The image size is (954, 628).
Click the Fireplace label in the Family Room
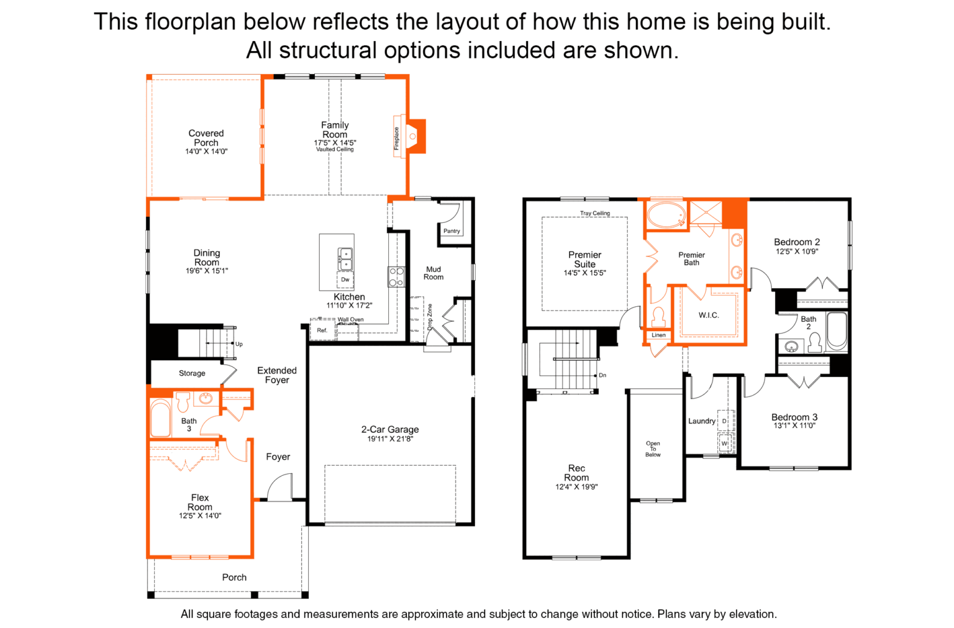click(396, 139)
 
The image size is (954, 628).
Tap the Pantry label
click(452, 231)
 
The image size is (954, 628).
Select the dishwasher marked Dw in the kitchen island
click(345, 280)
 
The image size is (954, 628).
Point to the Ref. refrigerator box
click(322, 330)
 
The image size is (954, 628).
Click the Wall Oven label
click(350, 319)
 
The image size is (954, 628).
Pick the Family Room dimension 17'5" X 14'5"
click(335, 143)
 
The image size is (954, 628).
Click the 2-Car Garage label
click(390, 429)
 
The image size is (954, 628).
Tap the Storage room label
click(192, 373)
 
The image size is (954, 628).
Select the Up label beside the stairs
click(239, 344)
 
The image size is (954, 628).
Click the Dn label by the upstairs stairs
click(602, 375)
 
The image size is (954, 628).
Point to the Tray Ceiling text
click(594, 213)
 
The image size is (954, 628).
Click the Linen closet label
click(658, 335)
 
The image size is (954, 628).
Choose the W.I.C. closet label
click(709, 316)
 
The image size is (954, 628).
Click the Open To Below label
click(653, 449)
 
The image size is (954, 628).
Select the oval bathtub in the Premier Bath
click(666, 215)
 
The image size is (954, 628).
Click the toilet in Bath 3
click(183, 401)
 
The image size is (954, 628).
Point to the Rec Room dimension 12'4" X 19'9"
click(576, 487)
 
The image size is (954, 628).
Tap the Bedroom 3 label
click(794, 417)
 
